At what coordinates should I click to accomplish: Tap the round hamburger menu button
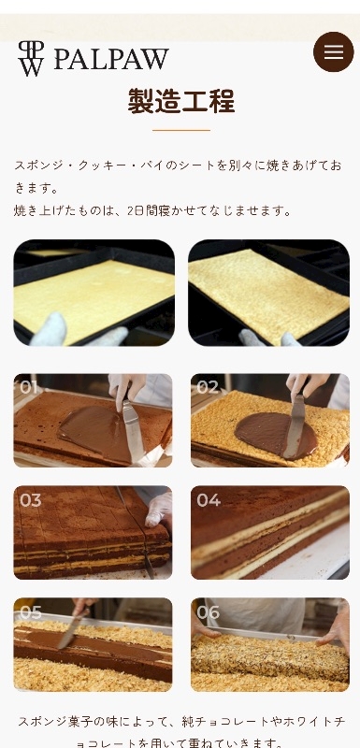click(333, 51)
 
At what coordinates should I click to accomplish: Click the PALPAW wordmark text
click(111, 60)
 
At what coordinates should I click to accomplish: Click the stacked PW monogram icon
click(31, 58)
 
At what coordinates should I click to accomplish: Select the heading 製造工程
click(181, 101)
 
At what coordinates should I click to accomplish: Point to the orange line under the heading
click(181, 130)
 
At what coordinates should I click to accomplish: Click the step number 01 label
click(29, 387)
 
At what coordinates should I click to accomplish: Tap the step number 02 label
click(208, 387)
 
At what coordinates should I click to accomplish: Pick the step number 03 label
click(31, 500)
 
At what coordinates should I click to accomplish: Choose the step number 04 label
click(209, 500)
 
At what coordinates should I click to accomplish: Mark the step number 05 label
click(31, 612)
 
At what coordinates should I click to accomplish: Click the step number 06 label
click(209, 612)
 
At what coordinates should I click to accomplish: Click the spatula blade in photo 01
click(133, 429)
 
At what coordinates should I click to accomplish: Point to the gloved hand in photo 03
click(159, 509)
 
